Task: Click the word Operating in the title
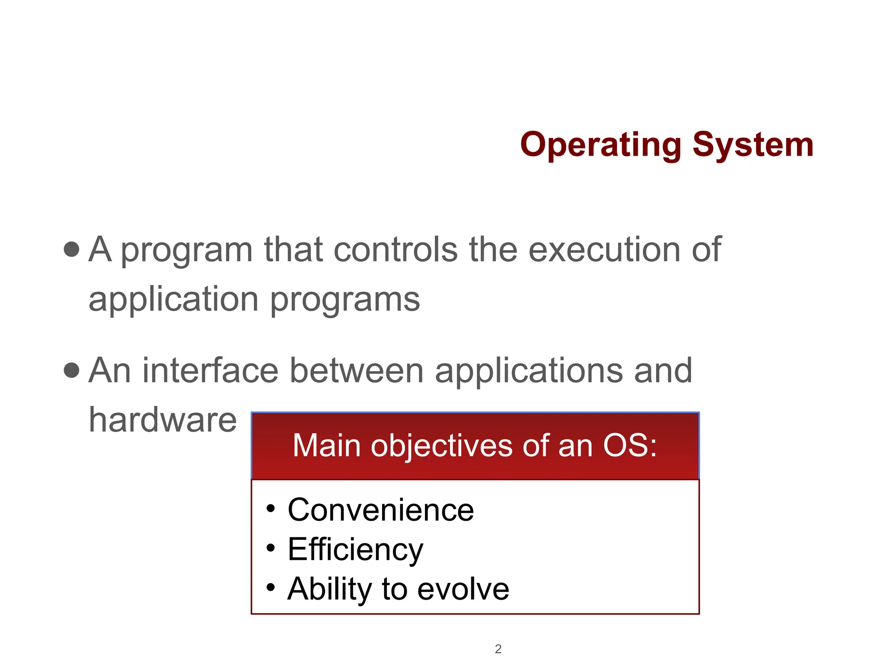[601, 145]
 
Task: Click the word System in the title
[753, 145]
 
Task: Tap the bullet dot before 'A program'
[72, 249]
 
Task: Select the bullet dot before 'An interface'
[72, 370]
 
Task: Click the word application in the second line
[173, 300]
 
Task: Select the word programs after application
[345, 300]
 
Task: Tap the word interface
[210, 371]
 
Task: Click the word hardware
[163, 420]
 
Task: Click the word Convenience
[381, 510]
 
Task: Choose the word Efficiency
[355, 550]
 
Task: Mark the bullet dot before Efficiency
[271, 548]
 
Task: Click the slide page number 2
[498, 649]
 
